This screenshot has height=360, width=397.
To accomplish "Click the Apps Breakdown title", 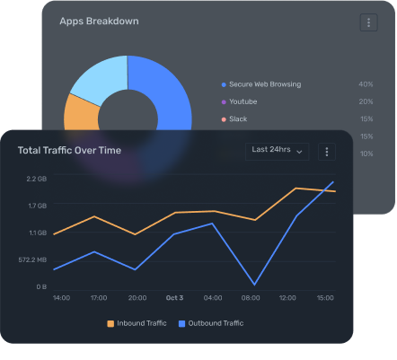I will tap(99, 21).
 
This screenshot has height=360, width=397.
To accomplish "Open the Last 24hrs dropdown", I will tap(278, 151).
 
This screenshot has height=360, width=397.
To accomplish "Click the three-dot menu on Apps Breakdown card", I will tap(368, 22).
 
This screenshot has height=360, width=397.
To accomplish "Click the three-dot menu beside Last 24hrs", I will tap(327, 152).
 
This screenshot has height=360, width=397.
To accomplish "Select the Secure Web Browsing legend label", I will tap(264, 84).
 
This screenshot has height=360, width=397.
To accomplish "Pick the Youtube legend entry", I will tap(243, 101).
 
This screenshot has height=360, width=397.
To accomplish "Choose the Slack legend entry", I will tap(237, 119).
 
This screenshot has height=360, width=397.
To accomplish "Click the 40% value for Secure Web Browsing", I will tap(366, 84).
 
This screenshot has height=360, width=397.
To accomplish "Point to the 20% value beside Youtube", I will tap(366, 101).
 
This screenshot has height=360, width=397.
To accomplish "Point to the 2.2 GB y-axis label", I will tap(36, 180).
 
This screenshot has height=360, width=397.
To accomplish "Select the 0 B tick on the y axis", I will tap(40, 287).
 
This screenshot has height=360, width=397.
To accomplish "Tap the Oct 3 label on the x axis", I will tap(175, 298).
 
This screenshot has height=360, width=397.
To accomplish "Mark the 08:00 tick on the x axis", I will tap(251, 298).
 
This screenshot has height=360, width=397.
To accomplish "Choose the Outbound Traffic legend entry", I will tap(211, 323).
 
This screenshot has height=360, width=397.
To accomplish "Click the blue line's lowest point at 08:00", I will tap(254, 285).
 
